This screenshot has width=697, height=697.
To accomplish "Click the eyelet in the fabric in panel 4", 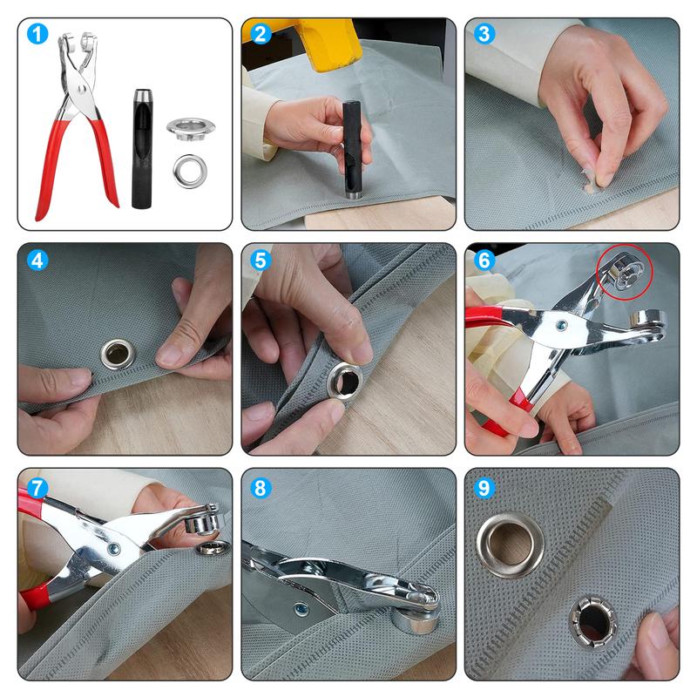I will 116,353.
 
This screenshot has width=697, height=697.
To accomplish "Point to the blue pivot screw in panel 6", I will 563,326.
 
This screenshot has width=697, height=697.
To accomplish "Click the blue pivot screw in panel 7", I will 112,548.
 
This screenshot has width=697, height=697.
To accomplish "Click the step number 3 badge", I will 484,35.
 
